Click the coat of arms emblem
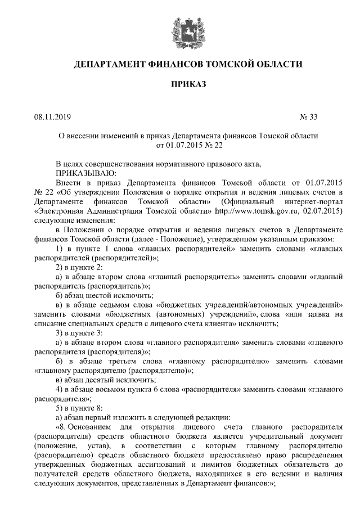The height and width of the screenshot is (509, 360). pyautogui.click(x=180, y=29)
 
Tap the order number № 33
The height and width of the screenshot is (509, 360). pyautogui.click(x=309, y=118)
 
